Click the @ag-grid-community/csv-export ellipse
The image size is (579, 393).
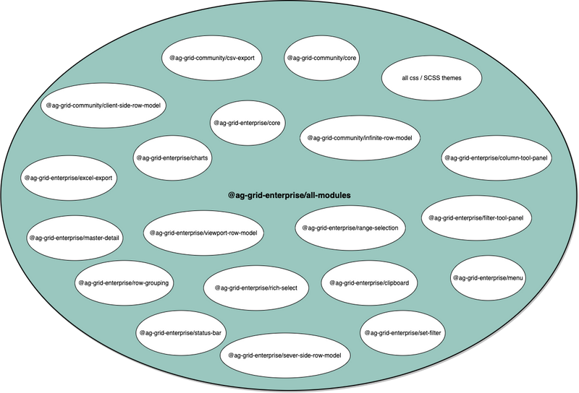click(211, 58)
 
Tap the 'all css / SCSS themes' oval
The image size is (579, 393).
click(431, 78)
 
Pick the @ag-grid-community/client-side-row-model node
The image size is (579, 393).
click(103, 105)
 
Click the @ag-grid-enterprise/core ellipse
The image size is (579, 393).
click(247, 123)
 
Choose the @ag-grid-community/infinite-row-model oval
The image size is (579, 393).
click(360, 138)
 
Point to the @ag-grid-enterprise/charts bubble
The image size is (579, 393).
click(172, 157)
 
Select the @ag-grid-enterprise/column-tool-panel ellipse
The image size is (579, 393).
click(496, 157)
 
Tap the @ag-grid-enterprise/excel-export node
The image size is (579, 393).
click(68, 178)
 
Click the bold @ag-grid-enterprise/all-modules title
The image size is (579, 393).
click(289, 195)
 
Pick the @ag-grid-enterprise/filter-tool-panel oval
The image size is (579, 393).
click(476, 218)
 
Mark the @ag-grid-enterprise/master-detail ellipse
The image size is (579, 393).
click(75, 238)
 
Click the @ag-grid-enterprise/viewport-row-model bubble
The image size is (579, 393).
click(203, 233)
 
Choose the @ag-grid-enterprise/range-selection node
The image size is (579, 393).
click(350, 228)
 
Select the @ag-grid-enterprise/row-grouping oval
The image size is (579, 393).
click(124, 282)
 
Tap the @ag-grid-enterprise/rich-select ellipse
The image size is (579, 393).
click(256, 288)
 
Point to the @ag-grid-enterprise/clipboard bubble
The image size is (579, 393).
click(369, 282)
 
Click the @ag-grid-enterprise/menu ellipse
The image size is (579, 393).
click(488, 278)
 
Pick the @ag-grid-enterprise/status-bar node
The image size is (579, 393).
click(180, 333)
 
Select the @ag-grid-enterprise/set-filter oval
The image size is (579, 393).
click(402, 333)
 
